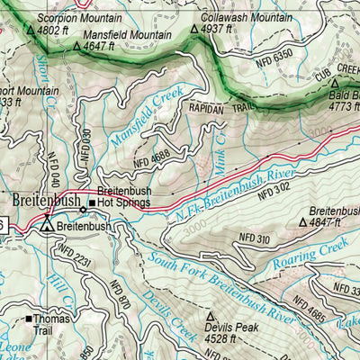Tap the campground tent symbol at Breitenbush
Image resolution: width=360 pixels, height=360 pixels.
pyautogui.click(x=45, y=229)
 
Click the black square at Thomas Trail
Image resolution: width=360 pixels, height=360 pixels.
pyautogui.click(x=29, y=319)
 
